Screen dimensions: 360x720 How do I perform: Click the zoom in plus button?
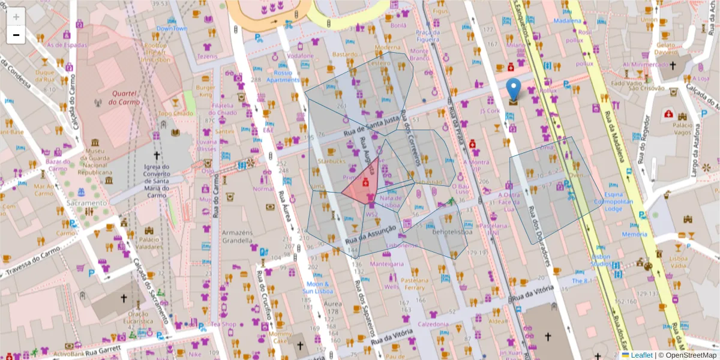(16, 17)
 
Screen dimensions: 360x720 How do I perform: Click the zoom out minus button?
(16, 35)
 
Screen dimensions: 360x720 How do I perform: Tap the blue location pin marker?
(514, 89)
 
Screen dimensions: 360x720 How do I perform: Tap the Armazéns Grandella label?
(237, 236)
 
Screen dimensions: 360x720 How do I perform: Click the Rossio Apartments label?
(283, 76)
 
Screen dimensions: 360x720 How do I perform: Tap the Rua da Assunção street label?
(371, 234)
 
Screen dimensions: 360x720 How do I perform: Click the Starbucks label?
(332, 161)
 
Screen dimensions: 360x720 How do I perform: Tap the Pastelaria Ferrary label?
(415, 284)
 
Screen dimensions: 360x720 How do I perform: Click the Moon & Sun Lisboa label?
(317, 287)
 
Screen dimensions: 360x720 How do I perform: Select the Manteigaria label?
(387, 263)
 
